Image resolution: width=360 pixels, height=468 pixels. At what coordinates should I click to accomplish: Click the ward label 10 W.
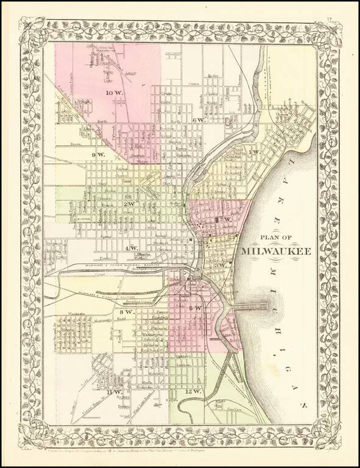(113, 93)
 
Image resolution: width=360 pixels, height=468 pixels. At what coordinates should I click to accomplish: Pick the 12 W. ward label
(192, 391)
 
